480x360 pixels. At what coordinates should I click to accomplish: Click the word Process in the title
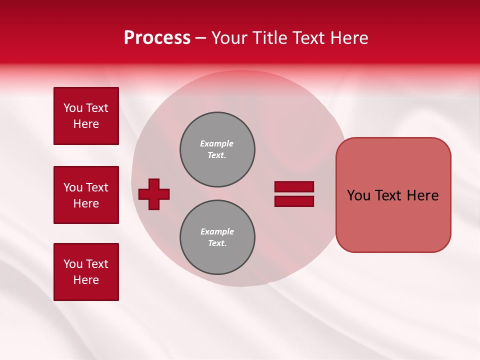click(157, 38)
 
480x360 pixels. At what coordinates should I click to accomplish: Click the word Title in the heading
click(270, 38)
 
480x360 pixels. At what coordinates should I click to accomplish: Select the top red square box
click(86, 116)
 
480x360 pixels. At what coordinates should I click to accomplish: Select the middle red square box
click(86, 195)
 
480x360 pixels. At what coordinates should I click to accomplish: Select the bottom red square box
click(86, 272)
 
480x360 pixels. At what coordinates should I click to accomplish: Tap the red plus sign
click(154, 194)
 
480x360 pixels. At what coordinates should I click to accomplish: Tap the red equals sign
click(294, 194)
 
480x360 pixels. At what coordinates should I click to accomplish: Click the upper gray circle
click(217, 149)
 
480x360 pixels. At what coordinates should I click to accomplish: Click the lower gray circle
click(217, 237)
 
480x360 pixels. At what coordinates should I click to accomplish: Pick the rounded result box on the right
click(393, 195)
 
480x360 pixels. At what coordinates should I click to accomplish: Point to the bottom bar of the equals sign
click(294, 201)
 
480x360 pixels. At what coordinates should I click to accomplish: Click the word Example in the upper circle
click(216, 143)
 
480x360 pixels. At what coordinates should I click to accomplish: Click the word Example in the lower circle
click(217, 231)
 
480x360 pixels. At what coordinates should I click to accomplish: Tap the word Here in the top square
click(86, 124)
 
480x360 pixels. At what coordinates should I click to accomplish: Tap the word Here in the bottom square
click(86, 280)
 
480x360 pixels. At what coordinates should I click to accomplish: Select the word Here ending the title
click(350, 38)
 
